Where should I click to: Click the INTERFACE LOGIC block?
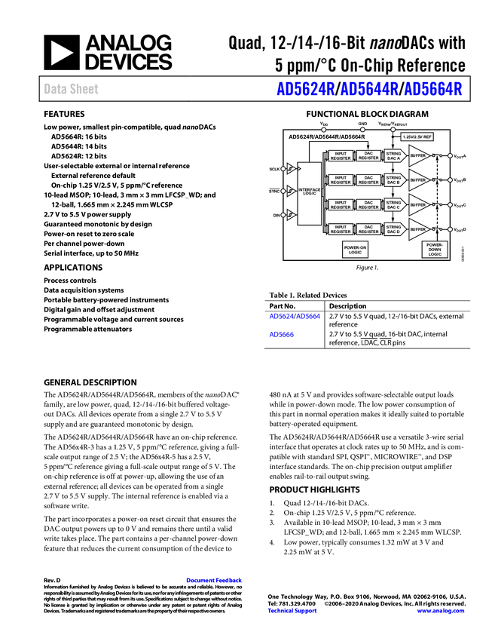coord(310,192)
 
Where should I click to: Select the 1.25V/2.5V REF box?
coord(417,136)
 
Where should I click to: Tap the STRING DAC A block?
coord(393,155)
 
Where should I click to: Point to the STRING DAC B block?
coord(393,179)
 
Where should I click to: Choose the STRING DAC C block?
coord(393,204)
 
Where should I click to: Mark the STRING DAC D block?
coord(393,228)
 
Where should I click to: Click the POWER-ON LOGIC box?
coord(355,250)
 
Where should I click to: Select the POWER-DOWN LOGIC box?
coord(435,249)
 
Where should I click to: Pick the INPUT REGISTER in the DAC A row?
coord(341,155)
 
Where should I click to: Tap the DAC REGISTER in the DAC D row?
coord(368,228)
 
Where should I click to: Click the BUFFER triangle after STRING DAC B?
coord(417,180)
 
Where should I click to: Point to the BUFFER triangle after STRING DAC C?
coord(417,204)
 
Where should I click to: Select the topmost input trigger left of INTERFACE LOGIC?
coord(291,168)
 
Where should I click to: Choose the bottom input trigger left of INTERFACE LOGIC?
coord(291,216)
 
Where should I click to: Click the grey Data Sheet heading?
coord(72,89)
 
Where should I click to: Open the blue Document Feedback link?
coord(215,580)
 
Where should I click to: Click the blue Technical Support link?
coord(293,611)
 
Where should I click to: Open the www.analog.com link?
coord(441,611)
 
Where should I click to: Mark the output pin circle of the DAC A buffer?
coord(450,156)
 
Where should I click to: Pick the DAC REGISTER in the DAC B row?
coord(368,179)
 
